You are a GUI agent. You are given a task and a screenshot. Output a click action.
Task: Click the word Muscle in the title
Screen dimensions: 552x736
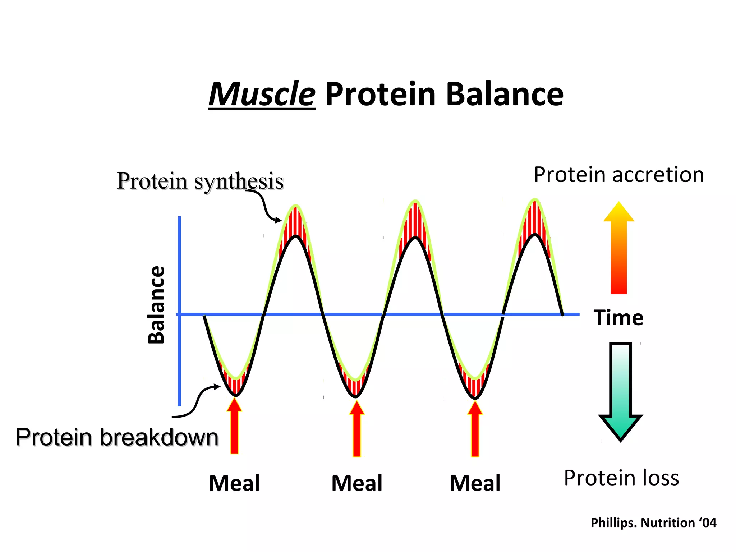[262, 94]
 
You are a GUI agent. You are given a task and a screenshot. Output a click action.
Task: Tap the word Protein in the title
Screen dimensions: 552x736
[380, 94]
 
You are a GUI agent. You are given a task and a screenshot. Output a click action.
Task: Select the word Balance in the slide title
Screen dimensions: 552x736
[505, 94]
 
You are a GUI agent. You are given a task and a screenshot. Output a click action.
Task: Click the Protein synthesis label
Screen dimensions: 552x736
[200, 181]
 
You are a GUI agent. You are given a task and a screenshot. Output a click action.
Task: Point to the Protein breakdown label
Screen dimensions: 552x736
[117, 437]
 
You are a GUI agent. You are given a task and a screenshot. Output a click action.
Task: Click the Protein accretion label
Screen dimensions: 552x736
[618, 175]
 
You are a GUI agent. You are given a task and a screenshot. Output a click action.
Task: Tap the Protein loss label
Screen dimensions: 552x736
[621, 478]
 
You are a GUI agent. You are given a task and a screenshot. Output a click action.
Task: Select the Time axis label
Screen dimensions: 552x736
[618, 318]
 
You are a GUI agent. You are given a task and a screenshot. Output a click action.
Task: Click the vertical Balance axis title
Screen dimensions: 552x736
[157, 305]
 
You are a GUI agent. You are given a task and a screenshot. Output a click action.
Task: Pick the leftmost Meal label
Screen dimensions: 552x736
[234, 483]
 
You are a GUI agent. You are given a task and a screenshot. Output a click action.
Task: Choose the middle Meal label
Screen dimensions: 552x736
[357, 483]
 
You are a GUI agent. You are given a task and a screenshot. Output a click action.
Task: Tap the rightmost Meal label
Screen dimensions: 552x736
[475, 483]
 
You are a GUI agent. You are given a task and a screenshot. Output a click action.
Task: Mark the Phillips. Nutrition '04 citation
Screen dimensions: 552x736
[653, 523]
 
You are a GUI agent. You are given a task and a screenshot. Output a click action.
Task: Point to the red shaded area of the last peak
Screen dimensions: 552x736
[535, 219]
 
